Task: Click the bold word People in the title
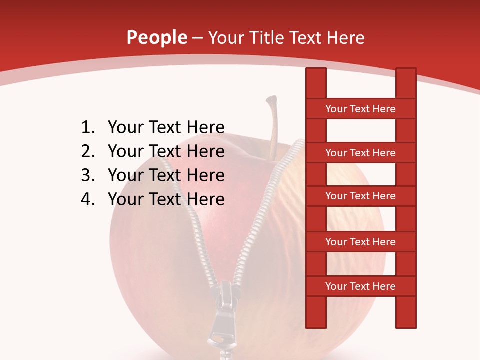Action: tap(156, 37)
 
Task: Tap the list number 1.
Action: tap(87, 127)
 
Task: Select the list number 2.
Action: tap(87, 151)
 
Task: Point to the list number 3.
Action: tap(87, 175)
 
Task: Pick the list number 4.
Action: tap(87, 199)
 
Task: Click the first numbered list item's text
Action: tap(166, 127)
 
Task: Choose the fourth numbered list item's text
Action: tap(166, 199)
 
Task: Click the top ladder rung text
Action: tap(360, 109)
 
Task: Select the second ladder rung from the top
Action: tap(360, 153)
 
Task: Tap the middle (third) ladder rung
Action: tap(360, 196)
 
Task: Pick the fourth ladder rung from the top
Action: tap(360, 242)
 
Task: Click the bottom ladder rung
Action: tap(360, 286)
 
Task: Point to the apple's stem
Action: tap(273, 125)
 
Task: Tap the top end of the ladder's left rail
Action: tap(316, 72)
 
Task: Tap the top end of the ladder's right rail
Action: tap(406, 72)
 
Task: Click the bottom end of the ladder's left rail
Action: tap(316, 324)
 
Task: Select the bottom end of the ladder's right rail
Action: tap(406, 324)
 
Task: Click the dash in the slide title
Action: tap(197, 38)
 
